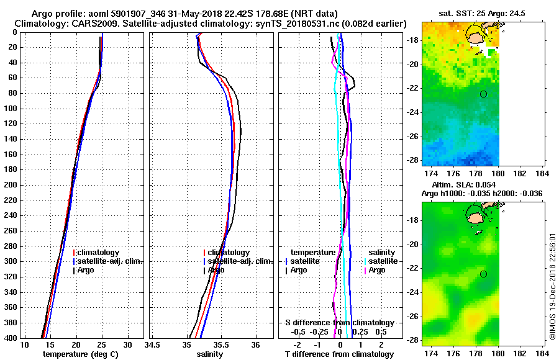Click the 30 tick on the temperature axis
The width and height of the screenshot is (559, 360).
pos(127,345)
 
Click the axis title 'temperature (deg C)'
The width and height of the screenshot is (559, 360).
pos(80,354)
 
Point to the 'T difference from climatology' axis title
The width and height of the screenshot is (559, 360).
pos(339,354)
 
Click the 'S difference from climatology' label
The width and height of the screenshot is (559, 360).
pos(339,323)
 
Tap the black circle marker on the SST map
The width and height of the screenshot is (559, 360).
pos(483,94)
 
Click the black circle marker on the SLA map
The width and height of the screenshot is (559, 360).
pos(483,274)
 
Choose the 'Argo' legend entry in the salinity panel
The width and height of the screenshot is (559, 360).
pos(216,270)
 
